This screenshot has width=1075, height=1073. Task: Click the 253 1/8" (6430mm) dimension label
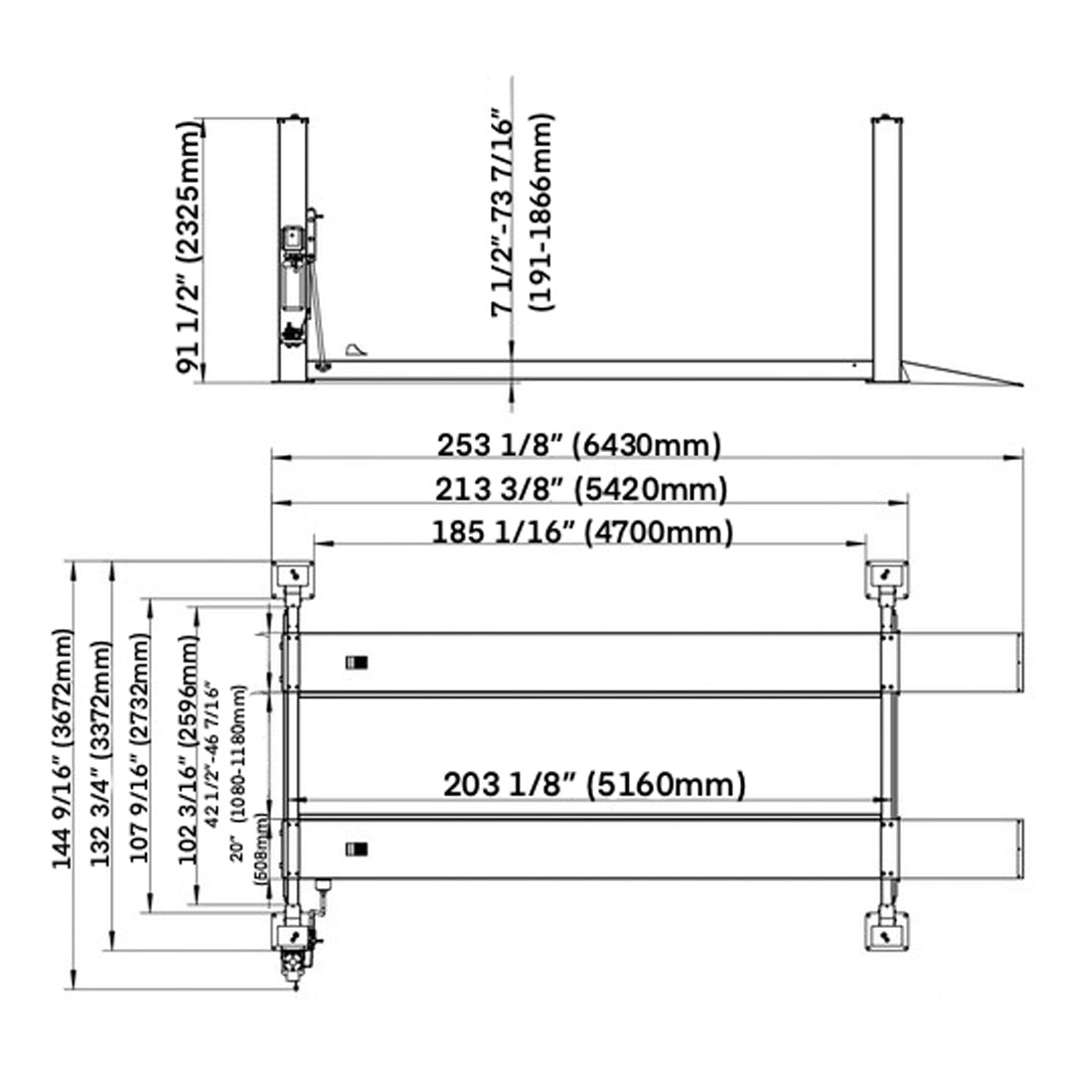pos(579,445)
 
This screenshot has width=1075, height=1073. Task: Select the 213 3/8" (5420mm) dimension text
pos(581,489)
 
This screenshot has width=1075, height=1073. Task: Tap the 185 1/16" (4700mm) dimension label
pos(582,533)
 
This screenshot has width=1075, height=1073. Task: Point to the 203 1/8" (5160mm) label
pos(593,785)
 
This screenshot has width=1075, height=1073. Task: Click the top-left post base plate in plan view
pos(293,575)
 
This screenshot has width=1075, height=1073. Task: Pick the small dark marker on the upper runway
pos(356,663)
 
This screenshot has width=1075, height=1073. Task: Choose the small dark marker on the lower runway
pos(356,848)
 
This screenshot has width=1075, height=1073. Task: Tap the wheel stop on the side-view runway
pos(356,350)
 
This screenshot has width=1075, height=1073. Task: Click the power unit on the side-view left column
pos(293,283)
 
